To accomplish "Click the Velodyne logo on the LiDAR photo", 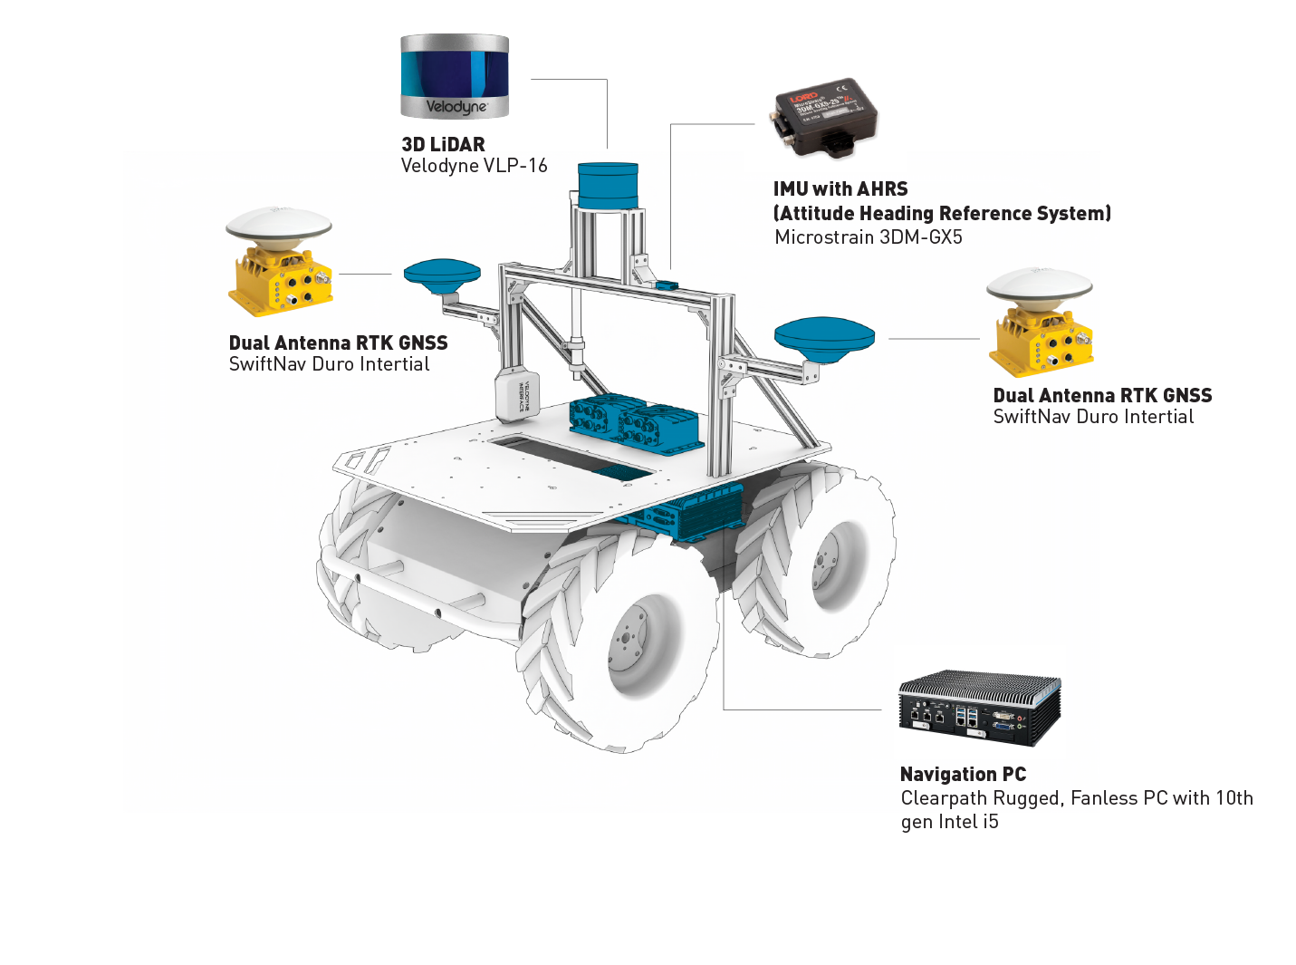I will [456, 107].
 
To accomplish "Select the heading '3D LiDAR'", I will [443, 145].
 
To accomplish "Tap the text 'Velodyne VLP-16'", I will [474, 166].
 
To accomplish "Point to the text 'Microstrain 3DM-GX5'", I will [868, 237].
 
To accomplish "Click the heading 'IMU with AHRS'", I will [840, 189].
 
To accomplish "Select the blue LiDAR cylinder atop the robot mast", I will [608, 186].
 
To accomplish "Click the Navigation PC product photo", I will [979, 708].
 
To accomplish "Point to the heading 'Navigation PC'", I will [963, 775].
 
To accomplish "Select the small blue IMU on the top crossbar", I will [667, 285].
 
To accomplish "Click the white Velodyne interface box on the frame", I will [518, 396].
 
